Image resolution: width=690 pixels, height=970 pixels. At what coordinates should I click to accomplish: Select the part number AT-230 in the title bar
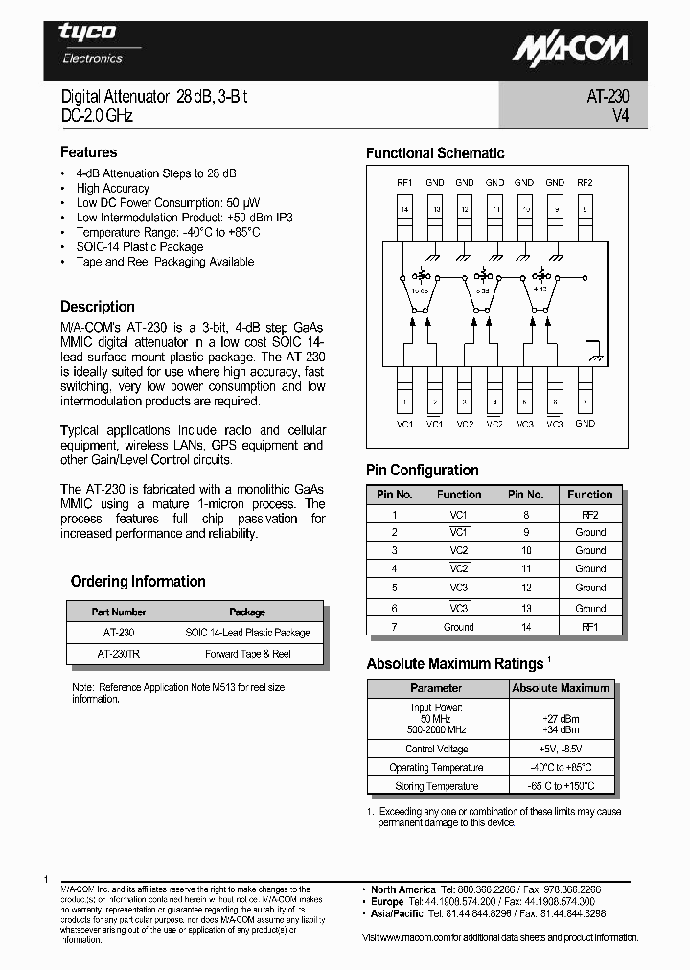coord(607,97)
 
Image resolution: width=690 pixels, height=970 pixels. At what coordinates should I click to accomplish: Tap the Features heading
coord(88,152)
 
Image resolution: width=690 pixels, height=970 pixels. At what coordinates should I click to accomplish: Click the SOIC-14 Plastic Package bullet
coord(140,246)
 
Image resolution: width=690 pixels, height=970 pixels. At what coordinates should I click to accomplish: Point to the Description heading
coord(97,307)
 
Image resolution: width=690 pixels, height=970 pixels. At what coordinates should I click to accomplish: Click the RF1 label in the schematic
coord(403,182)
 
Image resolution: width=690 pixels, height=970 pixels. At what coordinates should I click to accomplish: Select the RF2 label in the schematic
coord(585,182)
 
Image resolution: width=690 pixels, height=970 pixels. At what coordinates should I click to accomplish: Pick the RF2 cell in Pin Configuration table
coord(589,514)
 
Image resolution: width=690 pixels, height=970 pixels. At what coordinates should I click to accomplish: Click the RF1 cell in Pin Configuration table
coord(589,627)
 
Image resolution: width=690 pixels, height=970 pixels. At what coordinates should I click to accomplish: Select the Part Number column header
coord(119,612)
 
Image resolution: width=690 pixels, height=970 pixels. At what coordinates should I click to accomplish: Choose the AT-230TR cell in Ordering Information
coord(119,654)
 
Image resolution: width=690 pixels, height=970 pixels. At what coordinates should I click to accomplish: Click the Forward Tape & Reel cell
coord(247,654)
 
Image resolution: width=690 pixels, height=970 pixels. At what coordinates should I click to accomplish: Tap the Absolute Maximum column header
coord(561,688)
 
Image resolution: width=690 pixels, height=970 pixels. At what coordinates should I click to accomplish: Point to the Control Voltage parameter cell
coord(437,749)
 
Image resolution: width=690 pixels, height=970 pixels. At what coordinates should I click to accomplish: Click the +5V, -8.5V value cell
coord(561,749)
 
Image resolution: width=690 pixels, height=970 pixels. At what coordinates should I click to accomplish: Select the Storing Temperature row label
coord(437,786)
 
